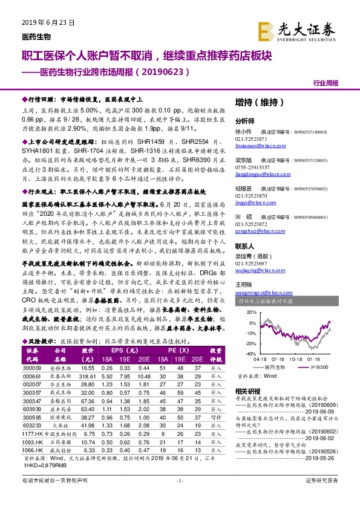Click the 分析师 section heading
pyautogui.click(x=245, y=121)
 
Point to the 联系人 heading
pyautogui.click(x=245, y=247)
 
